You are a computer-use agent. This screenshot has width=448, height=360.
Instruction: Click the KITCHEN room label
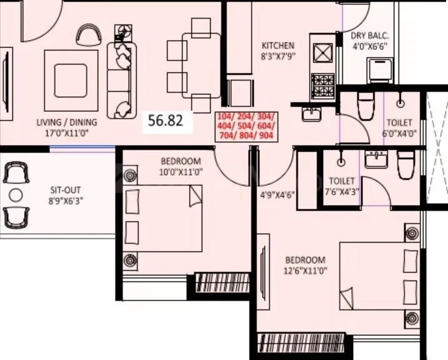[x=277, y=46]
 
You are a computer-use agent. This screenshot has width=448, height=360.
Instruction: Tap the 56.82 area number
[x=166, y=121]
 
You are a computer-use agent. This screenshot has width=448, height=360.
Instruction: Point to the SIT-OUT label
[x=66, y=190]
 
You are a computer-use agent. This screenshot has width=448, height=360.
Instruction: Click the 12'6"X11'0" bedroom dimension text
[x=306, y=271]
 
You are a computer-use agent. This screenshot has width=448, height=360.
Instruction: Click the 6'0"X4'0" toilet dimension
[x=399, y=134]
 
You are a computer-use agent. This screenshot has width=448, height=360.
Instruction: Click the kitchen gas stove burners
[x=324, y=81]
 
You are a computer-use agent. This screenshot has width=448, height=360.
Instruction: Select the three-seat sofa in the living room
[x=121, y=79]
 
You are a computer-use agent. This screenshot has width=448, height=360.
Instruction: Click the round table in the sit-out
[x=16, y=195]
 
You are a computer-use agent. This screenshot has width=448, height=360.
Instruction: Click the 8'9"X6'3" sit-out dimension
[x=66, y=201]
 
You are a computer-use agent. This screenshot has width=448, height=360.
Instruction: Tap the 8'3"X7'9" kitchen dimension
[x=277, y=56]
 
